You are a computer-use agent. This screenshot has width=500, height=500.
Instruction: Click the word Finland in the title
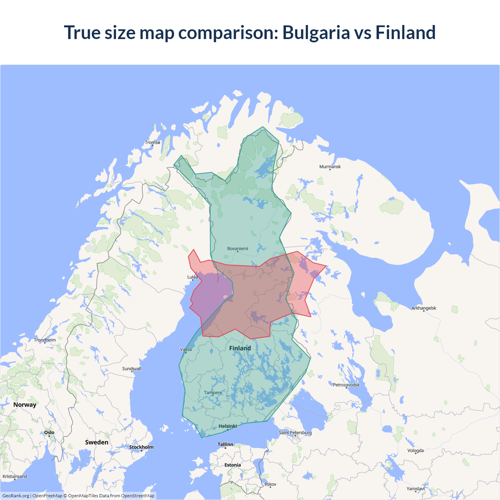[405, 32]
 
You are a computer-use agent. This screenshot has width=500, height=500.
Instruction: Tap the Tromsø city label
[152, 143]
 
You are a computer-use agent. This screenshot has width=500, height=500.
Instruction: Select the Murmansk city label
[330, 167]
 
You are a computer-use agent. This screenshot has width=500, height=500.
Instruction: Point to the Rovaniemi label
[237, 249]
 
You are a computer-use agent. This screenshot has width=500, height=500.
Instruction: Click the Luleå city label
[193, 277]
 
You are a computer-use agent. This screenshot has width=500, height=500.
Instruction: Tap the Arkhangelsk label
[424, 308]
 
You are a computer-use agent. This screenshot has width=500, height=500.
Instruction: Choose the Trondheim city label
[45, 340]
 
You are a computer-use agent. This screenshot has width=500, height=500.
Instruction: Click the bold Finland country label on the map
[240, 348]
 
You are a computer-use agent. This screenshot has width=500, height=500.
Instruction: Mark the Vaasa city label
[186, 350]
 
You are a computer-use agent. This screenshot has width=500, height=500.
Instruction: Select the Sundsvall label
[132, 369]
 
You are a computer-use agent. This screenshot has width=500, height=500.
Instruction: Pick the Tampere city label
[213, 393]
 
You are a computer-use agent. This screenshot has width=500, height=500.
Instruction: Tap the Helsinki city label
[228, 426]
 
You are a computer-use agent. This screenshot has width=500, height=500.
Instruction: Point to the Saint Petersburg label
[295, 433]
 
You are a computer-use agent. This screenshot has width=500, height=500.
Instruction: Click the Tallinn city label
[225, 445]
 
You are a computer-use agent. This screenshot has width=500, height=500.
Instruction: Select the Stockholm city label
[141, 447]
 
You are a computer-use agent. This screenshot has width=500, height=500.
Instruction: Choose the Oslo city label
[49, 433]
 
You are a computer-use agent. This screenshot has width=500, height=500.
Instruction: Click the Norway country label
[25, 405]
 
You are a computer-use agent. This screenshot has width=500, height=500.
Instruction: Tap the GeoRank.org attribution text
[16, 496]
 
